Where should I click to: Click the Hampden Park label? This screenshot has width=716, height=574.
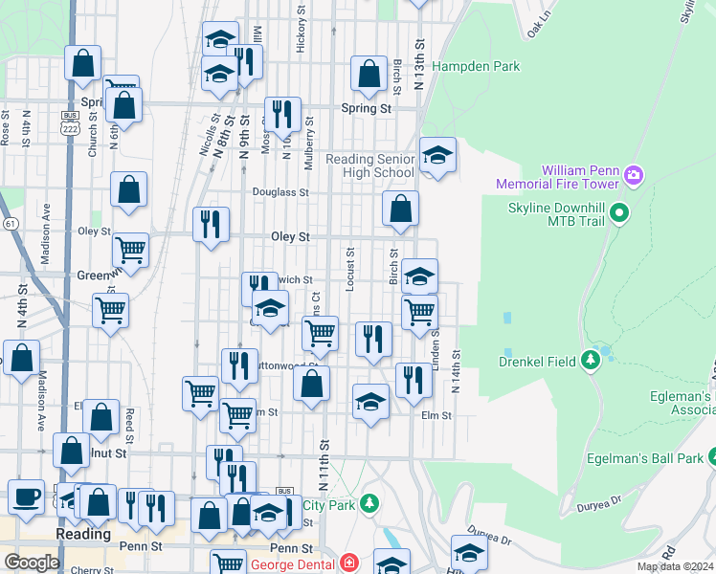(x=476, y=67)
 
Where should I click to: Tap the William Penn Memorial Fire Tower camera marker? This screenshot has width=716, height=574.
(x=632, y=176)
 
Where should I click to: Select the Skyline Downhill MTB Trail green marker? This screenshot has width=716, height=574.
(x=619, y=212)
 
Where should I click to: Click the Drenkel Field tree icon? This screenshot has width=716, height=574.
(x=591, y=360)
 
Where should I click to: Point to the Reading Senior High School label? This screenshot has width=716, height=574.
(x=370, y=166)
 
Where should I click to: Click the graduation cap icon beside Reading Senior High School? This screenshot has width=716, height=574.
(x=437, y=154)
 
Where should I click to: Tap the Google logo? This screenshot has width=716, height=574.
(x=32, y=562)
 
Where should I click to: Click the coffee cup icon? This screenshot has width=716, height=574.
(x=26, y=497)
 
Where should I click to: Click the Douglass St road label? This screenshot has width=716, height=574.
(x=280, y=192)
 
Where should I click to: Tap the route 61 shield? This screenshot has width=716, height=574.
(x=10, y=223)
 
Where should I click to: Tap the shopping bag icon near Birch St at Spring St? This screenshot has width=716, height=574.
(x=369, y=73)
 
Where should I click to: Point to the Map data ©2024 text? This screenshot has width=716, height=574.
(x=675, y=566)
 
